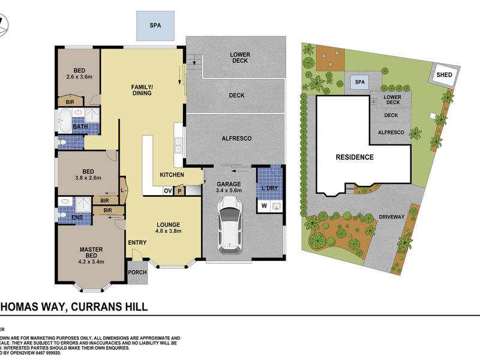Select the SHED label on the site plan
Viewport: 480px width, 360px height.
[x=445, y=75]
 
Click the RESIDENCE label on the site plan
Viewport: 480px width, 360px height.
[x=354, y=157]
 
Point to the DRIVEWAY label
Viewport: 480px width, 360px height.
[x=392, y=217]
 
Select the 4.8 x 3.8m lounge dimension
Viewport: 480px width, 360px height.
[x=169, y=230]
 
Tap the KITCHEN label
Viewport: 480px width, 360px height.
[x=172, y=175]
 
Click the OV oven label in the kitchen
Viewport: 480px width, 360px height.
[x=169, y=191]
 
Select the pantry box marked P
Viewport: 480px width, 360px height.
[x=179, y=191]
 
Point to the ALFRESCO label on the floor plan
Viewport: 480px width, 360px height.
[x=236, y=139]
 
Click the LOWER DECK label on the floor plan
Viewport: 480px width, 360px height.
[x=240, y=58]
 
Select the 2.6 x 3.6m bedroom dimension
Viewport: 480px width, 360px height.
[x=79, y=76]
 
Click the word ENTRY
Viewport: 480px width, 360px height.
[x=137, y=242]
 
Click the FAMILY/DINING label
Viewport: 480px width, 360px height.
[x=143, y=91]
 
